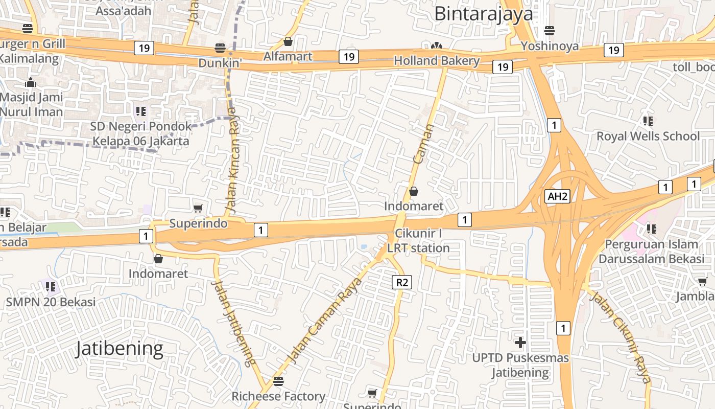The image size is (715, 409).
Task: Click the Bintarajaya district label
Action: [x=483, y=14]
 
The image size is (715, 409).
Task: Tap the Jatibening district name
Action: [x=120, y=349]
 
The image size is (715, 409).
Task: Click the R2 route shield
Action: [x=402, y=282]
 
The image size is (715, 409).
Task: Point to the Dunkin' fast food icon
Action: [x=220, y=48]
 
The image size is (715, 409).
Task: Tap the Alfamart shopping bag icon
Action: [x=288, y=41]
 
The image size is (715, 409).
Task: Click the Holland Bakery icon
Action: [x=436, y=47]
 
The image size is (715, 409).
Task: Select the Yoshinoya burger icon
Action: [x=550, y=31]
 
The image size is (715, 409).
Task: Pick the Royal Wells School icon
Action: [x=648, y=121]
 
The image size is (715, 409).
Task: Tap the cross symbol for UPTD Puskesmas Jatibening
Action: [x=520, y=342]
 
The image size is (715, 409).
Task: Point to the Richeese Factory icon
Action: [x=278, y=381]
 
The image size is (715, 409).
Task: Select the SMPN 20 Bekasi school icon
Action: [x=50, y=287]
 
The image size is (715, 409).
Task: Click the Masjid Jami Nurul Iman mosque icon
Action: [x=31, y=82]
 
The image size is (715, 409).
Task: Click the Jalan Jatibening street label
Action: [x=233, y=323]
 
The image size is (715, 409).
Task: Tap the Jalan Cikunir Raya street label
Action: [x=622, y=336]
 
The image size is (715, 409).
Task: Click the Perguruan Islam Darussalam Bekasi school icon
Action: [x=651, y=229]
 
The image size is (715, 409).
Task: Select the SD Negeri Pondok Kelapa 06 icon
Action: [x=141, y=111]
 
